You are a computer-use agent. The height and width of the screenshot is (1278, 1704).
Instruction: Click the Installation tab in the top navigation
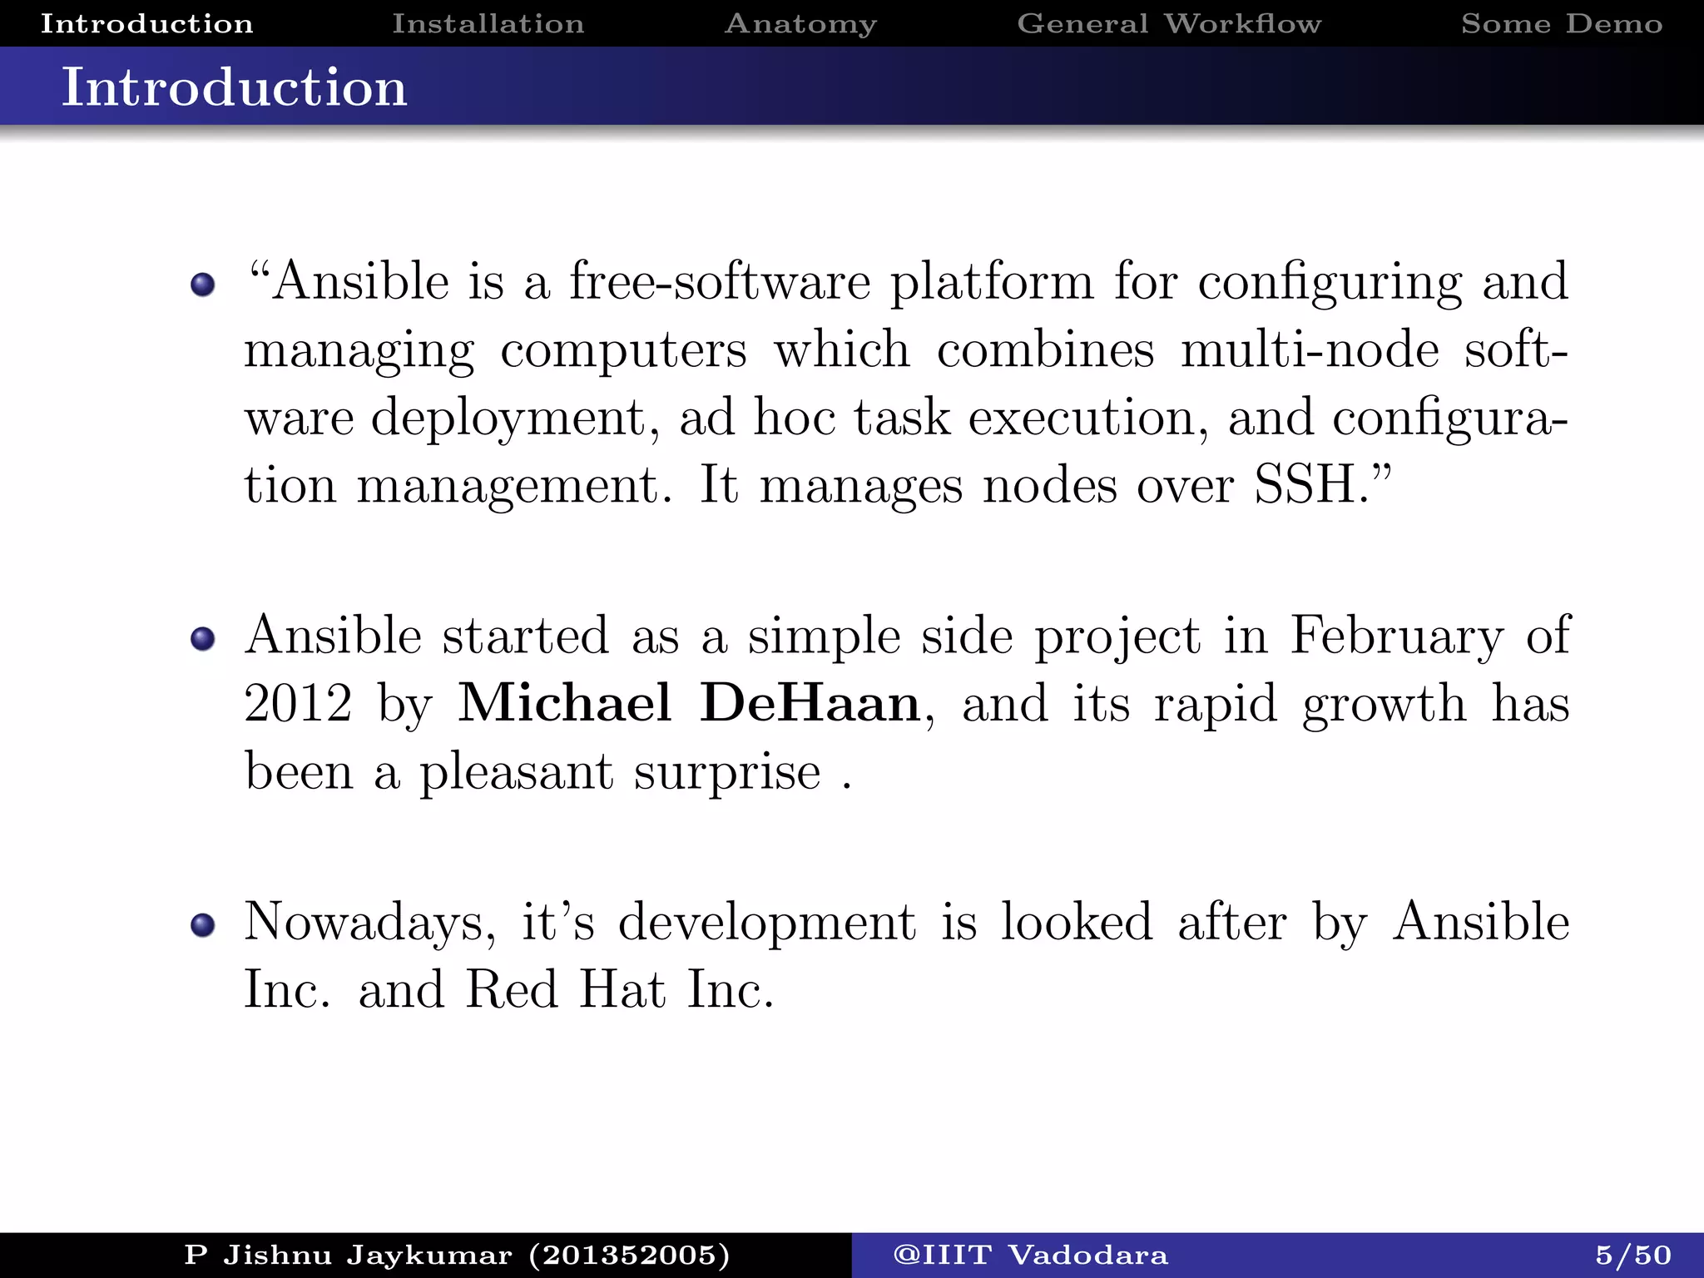point(488,23)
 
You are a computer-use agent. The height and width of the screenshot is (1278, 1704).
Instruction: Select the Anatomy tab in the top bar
point(800,23)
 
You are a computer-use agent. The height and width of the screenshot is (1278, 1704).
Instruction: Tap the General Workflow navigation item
point(1169,23)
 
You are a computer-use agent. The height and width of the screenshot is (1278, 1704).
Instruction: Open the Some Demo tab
point(1562,23)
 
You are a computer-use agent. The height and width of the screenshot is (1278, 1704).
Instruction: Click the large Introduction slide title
point(235,87)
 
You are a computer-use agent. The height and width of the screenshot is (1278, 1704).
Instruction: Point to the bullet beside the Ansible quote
point(202,285)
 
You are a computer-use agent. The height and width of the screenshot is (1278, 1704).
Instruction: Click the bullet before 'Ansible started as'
point(202,639)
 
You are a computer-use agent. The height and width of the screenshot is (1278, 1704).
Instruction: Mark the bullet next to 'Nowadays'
point(202,925)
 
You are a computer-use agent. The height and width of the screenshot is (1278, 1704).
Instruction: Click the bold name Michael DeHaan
point(689,703)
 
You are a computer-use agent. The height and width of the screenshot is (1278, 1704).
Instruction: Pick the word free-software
point(720,281)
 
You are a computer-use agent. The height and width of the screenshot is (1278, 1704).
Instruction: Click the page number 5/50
point(1633,1255)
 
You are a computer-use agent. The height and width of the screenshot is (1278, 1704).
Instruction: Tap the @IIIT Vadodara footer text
point(1030,1255)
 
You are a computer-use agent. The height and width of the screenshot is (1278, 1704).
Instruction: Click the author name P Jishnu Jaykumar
point(348,1255)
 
